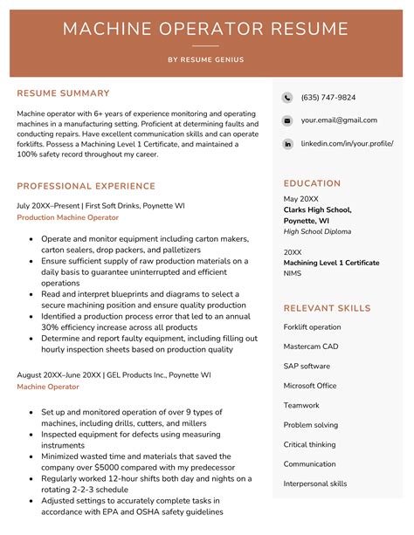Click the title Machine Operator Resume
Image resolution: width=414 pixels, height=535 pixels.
[x=206, y=29]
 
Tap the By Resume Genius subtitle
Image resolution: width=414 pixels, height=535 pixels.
[x=206, y=59]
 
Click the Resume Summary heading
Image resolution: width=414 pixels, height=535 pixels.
[x=63, y=93]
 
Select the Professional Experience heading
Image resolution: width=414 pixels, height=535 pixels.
[x=86, y=186]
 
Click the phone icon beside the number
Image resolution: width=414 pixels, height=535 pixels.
[x=287, y=98]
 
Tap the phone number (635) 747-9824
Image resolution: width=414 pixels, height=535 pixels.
[x=328, y=98]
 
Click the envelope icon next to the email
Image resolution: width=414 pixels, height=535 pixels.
[x=287, y=120]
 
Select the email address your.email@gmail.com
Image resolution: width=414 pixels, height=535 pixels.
[x=339, y=120]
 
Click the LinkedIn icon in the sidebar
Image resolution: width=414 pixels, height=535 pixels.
[x=287, y=143]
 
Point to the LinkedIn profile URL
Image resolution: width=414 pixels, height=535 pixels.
[x=347, y=143]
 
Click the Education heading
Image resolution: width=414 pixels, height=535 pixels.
[x=312, y=183]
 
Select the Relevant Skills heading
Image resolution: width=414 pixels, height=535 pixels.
[x=327, y=308]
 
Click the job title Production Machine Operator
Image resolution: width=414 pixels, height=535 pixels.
[x=67, y=217]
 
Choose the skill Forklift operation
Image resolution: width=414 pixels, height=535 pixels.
[x=312, y=327]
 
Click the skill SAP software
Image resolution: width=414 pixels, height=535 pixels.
[x=307, y=367]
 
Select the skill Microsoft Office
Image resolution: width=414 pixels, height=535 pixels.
[x=310, y=386]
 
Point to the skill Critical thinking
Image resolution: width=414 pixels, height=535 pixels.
[x=309, y=444]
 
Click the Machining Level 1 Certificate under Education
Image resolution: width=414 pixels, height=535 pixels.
[x=331, y=263]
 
